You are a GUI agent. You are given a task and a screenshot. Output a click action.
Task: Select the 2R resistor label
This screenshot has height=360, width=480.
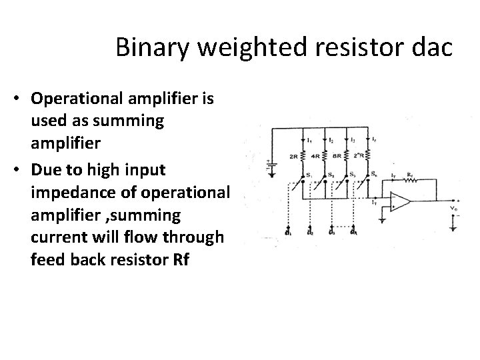(x=294, y=158)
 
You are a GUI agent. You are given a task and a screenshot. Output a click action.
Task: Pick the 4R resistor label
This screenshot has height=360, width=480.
(x=317, y=158)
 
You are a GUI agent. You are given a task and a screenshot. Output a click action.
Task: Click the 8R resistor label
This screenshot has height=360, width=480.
(x=339, y=158)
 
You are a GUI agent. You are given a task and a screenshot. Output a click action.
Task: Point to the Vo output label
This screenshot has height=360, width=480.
(x=454, y=208)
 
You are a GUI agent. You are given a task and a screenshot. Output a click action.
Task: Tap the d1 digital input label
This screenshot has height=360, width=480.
(x=287, y=233)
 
